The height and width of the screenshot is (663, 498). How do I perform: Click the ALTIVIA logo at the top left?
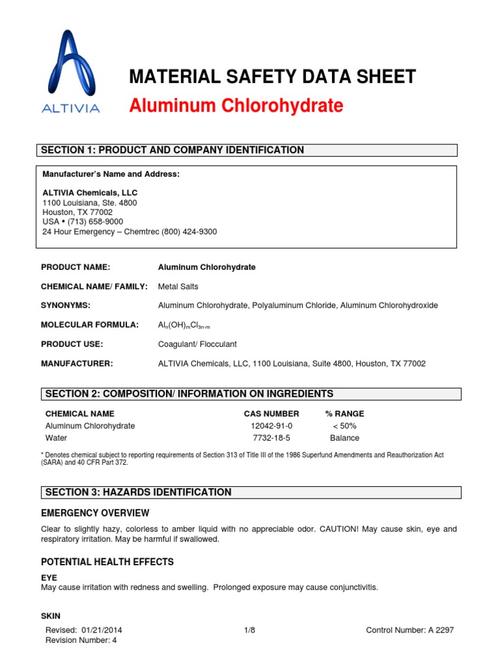(71, 71)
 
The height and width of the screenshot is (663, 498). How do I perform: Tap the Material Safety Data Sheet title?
(272, 76)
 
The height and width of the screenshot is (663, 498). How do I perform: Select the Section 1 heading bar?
(246, 150)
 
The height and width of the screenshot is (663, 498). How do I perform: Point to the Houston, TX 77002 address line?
(77, 212)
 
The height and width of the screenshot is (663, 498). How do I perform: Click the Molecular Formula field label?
(89, 325)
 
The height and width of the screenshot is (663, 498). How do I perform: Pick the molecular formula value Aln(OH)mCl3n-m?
(185, 326)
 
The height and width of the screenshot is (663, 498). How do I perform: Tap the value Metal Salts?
(178, 286)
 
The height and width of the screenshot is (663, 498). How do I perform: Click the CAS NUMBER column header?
(271, 414)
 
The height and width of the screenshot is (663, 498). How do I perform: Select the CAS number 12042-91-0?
(272, 426)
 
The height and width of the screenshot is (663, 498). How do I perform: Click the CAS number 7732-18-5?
(272, 438)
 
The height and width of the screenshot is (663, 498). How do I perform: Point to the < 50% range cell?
(344, 426)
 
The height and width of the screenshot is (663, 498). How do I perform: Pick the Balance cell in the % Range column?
(344, 438)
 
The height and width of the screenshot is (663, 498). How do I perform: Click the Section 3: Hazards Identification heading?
(138, 492)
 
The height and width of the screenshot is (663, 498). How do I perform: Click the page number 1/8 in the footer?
(250, 630)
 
